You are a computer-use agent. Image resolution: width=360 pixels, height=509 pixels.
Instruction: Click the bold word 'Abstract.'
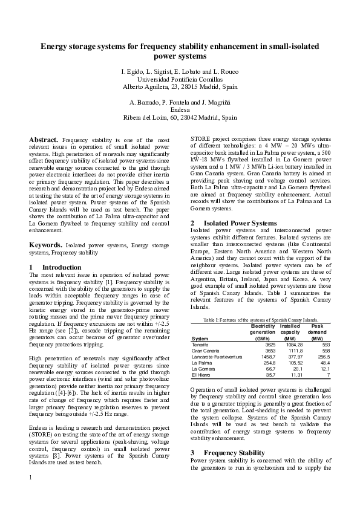44,140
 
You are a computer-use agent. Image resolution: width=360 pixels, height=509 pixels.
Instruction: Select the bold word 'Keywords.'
45,245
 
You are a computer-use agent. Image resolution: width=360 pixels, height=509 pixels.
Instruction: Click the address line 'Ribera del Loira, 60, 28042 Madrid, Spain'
180,118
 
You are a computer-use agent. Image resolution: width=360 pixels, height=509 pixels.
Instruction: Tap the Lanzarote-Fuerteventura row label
217,357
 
